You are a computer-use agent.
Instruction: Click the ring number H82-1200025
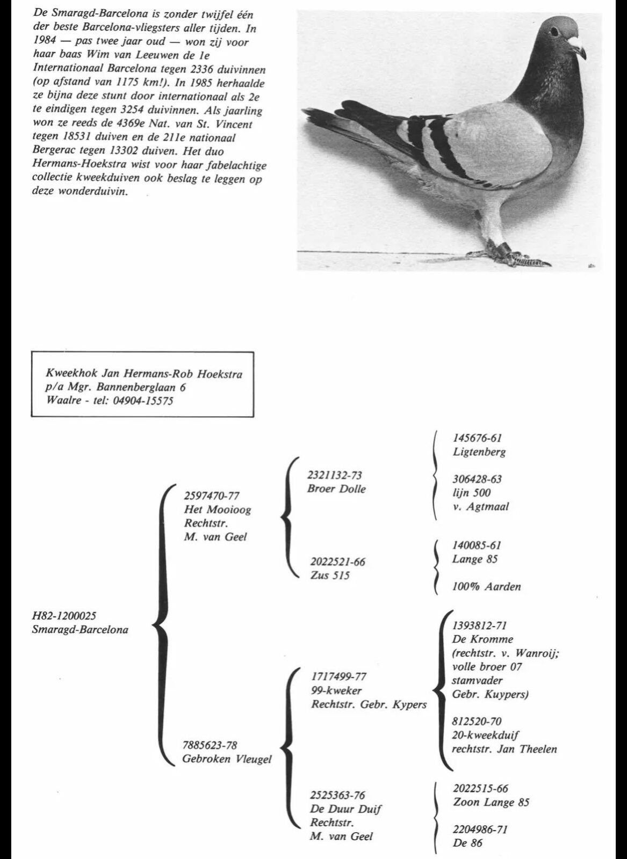click(x=64, y=616)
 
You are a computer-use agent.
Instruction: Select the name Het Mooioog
click(x=218, y=509)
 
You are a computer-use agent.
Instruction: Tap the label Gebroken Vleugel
click(x=227, y=759)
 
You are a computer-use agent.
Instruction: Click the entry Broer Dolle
click(x=336, y=489)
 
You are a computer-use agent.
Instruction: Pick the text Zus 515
click(x=330, y=576)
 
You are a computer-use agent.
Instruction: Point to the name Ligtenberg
click(x=479, y=452)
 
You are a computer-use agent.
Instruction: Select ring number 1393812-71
click(x=480, y=625)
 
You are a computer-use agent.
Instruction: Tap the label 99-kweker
click(x=337, y=690)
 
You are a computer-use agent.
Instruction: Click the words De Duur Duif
click(x=346, y=809)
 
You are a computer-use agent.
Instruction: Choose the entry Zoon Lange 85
click(x=491, y=803)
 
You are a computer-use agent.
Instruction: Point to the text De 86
click(x=467, y=843)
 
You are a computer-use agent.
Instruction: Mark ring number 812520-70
click(x=477, y=721)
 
